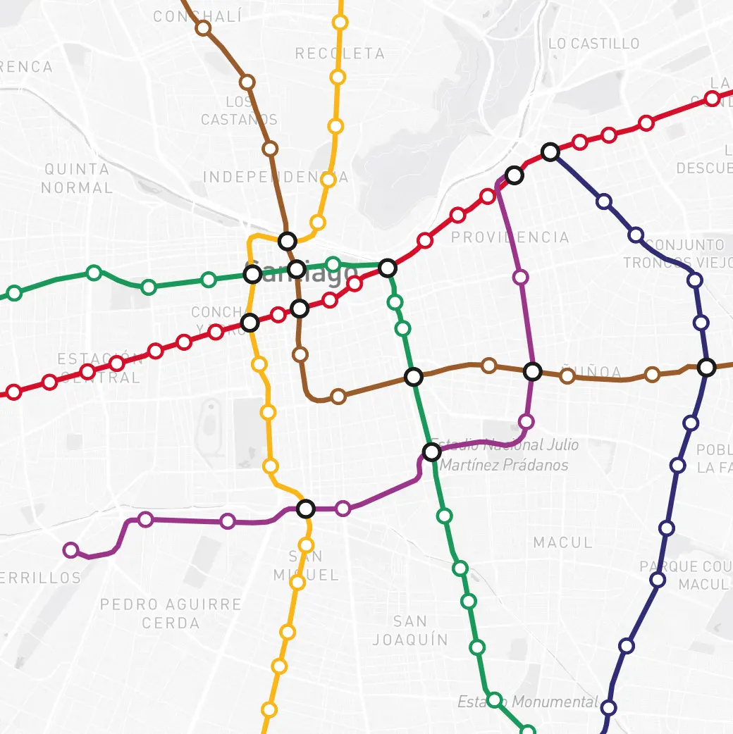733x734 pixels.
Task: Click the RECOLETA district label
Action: [x=340, y=54]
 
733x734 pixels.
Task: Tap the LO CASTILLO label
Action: [x=593, y=44]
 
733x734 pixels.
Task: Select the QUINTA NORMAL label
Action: [x=77, y=178]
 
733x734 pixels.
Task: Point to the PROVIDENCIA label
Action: [x=510, y=237]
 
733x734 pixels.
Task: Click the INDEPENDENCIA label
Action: [x=276, y=177]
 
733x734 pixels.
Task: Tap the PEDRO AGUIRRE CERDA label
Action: [x=171, y=614]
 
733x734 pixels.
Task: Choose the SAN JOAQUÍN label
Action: [x=410, y=630]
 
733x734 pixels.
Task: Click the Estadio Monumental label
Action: [x=527, y=702]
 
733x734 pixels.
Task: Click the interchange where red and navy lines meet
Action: [x=550, y=151]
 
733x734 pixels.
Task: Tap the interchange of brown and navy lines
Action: [x=706, y=367]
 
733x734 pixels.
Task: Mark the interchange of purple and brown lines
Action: [x=533, y=371]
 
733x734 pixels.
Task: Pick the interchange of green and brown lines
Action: [x=414, y=377]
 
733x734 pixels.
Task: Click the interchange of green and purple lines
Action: [x=432, y=452]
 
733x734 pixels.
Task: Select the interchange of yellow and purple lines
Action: [x=305, y=509]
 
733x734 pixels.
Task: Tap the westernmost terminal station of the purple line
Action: [x=70, y=550]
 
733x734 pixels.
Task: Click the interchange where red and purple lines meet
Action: [x=515, y=175]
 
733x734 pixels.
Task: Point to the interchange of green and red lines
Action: [x=387, y=268]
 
